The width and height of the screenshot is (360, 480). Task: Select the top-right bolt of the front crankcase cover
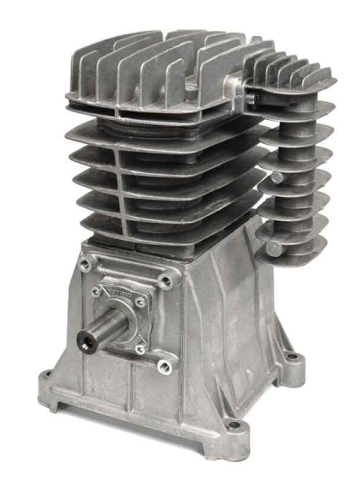[x=166, y=282]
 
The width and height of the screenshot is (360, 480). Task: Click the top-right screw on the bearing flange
[x=142, y=302]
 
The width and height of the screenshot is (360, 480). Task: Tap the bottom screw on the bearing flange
[x=139, y=350]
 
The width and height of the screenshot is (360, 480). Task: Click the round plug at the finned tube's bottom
[x=274, y=249]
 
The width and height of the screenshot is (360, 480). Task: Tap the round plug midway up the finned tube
[x=276, y=178]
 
